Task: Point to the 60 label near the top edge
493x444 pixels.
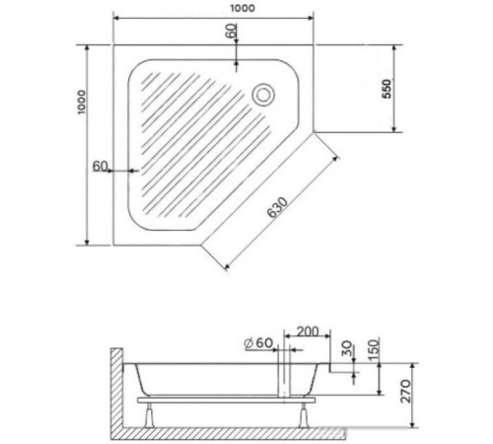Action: pyautogui.click(x=232, y=32)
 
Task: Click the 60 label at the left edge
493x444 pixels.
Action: pyautogui.click(x=99, y=169)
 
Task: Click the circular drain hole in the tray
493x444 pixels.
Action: pyautogui.click(x=264, y=94)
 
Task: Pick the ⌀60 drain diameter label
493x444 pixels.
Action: pyautogui.click(x=255, y=343)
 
